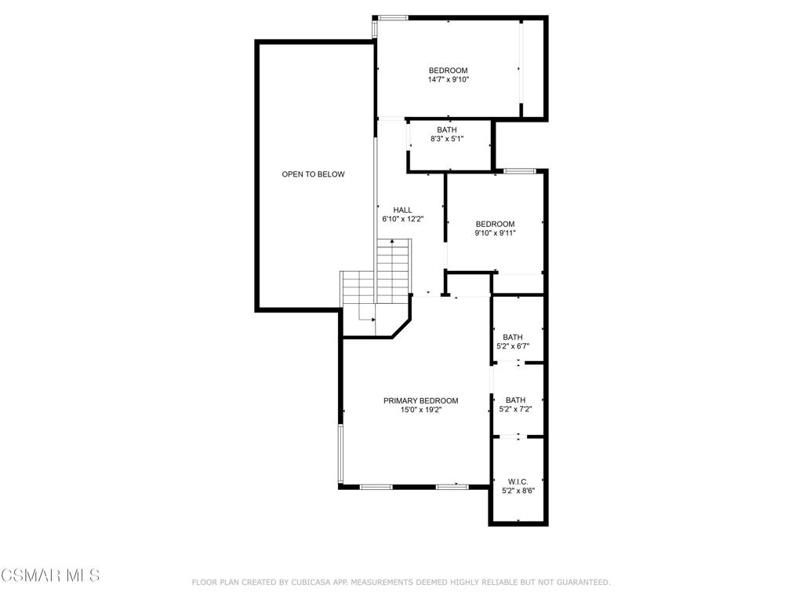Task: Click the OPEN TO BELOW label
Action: (x=314, y=174)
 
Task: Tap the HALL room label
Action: (x=402, y=210)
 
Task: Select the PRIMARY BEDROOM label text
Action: (x=421, y=401)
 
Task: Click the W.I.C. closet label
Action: (x=518, y=482)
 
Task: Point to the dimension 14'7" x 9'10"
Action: (x=449, y=80)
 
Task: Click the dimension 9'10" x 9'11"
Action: (x=496, y=233)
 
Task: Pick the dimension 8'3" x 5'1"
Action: (x=447, y=139)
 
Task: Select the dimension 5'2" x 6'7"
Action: (x=513, y=346)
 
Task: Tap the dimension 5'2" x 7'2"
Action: (x=516, y=409)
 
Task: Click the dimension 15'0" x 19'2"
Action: (x=421, y=410)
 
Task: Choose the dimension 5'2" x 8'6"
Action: (x=518, y=492)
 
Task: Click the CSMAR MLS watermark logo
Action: (x=50, y=576)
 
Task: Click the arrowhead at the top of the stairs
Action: (x=392, y=240)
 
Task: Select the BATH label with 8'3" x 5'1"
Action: (x=447, y=130)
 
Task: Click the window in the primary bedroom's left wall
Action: (x=340, y=453)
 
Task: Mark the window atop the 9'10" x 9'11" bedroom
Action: (x=520, y=170)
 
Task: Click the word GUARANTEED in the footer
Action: (x=583, y=583)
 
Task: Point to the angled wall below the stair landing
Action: (x=401, y=329)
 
